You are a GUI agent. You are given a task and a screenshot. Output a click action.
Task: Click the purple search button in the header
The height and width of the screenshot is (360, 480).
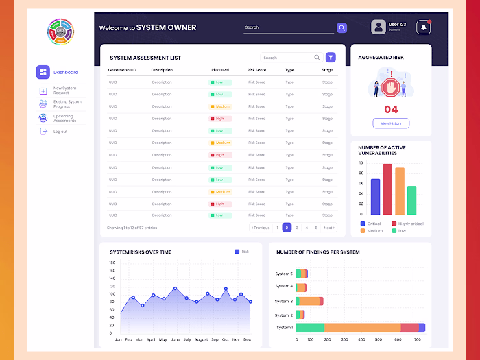click(341, 27)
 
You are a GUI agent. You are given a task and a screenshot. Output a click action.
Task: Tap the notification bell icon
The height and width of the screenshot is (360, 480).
click(423, 27)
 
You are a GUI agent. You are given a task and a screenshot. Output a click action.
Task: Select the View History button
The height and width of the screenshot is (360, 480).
click(391, 123)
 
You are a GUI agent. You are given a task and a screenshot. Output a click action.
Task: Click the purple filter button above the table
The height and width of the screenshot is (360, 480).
click(331, 58)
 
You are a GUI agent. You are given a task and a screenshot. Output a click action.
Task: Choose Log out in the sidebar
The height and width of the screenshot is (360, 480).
click(60, 132)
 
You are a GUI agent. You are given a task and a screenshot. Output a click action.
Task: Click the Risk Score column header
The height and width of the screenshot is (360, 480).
click(256, 70)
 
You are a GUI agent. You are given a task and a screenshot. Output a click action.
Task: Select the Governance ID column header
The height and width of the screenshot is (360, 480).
click(122, 70)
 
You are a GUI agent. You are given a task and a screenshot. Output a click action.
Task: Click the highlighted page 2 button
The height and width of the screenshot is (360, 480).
click(287, 228)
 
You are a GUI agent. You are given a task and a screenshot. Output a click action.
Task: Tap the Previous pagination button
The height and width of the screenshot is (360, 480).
click(261, 228)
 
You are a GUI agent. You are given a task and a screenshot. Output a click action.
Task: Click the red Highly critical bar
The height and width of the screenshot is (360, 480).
click(387, 189)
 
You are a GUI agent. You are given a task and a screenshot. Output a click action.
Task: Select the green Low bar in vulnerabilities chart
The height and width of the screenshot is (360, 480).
click(411, 200)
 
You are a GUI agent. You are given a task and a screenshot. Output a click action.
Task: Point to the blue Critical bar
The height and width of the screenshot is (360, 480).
click(375, 197)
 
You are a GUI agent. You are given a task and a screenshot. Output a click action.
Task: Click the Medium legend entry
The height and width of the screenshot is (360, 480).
click(374, 231)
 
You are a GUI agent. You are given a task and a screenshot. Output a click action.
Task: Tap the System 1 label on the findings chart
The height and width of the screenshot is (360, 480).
click(284, 327)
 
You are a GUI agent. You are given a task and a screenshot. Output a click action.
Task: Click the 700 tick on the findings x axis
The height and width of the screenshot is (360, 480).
click(417, 339)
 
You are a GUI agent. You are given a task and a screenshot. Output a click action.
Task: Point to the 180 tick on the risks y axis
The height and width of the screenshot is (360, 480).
click(112, 262)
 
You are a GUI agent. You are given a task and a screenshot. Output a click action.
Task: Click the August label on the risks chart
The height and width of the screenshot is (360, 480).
click(201, 339)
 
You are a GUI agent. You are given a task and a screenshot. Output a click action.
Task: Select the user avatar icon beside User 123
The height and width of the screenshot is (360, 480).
click(379, 27)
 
